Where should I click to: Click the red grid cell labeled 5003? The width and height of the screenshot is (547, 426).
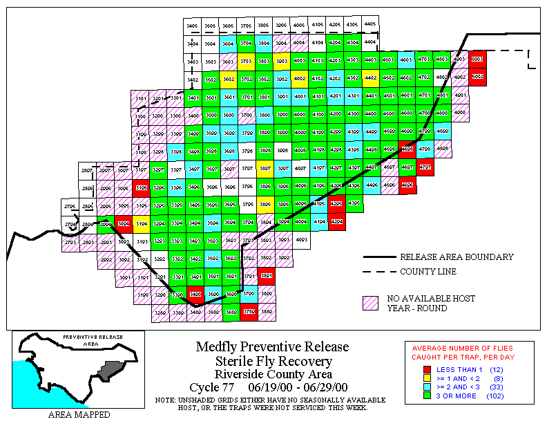tap(477, 59)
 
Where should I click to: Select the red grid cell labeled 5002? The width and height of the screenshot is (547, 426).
tap(477, 77)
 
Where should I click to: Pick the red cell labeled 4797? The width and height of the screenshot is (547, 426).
tap(425, 167)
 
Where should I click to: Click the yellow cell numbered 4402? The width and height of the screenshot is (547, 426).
tap(371, 78)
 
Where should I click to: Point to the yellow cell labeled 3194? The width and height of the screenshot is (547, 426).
tap(142, 223)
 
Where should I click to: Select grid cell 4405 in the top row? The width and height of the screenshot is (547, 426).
tap(370, 24)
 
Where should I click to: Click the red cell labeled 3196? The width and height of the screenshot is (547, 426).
tap(142, 187)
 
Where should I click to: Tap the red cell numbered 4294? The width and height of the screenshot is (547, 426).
tap(336, 221)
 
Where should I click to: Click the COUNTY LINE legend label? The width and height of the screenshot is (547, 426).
tap(428, 272)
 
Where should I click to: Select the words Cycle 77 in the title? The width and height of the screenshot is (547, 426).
tap(213, 387)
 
